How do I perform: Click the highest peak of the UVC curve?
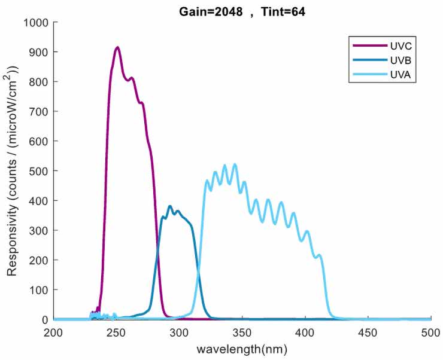[117, 47]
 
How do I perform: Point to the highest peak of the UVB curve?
[170, 206]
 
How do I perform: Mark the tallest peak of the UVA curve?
[235, 164]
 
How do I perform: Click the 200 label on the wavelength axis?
[54, 332]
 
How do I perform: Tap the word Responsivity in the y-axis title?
[12, 237]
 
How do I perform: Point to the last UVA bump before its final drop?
[319, 255]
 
